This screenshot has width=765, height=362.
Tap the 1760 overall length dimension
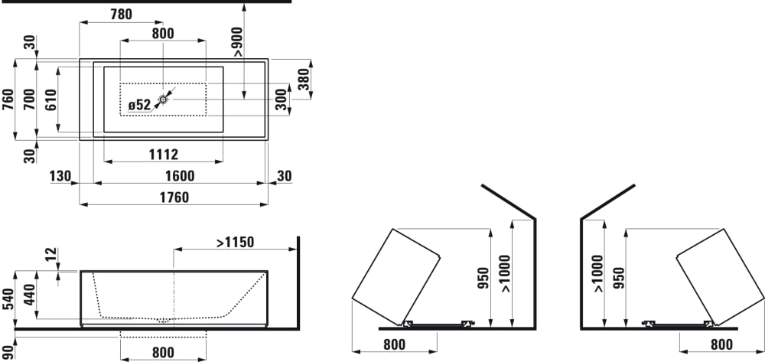click(x=174, y=197)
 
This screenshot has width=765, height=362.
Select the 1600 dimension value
click(x=180, y=176)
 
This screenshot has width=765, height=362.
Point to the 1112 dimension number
click(x=164, y=155)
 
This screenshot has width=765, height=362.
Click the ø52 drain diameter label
click(x=139, y=105)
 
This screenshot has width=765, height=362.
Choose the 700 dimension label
click(x=30, y=99)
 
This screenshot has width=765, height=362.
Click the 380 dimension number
click(x=303, y=79)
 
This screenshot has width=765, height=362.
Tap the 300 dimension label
click(x=282, y=99)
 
